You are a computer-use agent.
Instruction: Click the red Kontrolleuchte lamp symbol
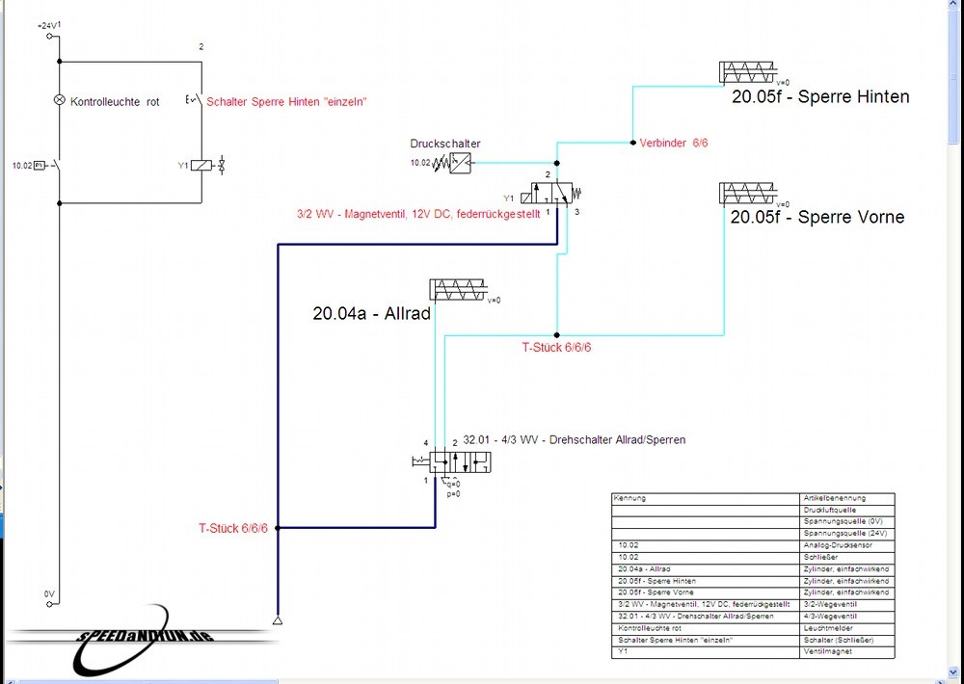[x=58, y=100]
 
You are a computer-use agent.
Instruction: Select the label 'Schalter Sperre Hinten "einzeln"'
[x=286, y=101]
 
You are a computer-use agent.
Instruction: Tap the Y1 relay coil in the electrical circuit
[x=201, y=166]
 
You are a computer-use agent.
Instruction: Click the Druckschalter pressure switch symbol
[x=462, y=164]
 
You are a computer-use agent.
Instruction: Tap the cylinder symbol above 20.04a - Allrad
[x=463, y=290]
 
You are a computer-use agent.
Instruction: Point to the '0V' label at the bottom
[x=49, y=594]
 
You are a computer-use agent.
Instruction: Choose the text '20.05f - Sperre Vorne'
[x=817, y=217]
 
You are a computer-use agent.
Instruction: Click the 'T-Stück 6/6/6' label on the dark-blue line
[x=233, y=528]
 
